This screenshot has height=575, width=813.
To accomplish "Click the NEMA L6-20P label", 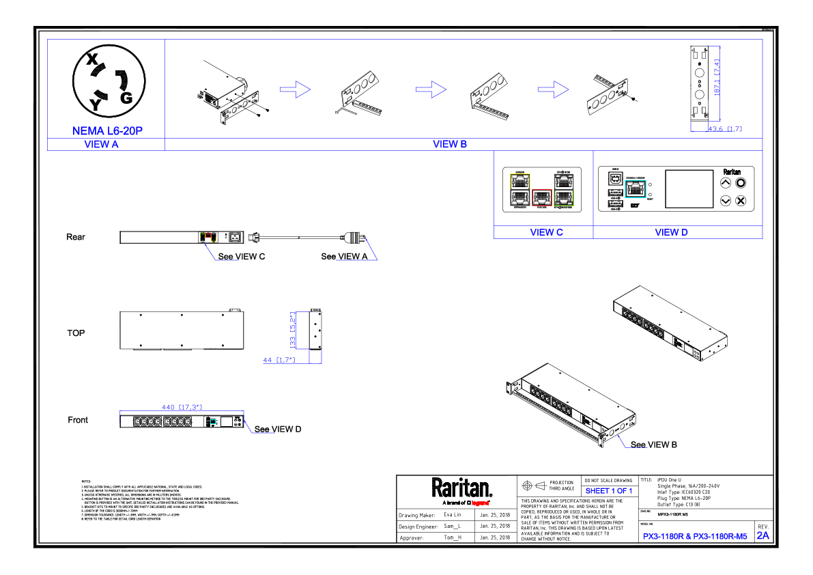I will tap(107, 130).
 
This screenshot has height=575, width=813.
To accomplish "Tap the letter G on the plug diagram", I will tap(126, 98).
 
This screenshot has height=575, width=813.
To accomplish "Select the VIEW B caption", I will tap(449, 144).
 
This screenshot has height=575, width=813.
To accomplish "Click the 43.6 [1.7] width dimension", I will tap(725, 128).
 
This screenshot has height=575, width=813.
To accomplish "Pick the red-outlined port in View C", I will tap(541, 198).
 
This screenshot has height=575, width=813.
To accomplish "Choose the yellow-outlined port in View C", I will tap(520, 182).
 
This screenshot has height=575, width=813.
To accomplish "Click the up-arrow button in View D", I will tap(726, 183).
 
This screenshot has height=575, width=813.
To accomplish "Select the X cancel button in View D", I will tap(741, 201).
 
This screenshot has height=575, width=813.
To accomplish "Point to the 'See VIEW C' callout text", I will tap(241, 257).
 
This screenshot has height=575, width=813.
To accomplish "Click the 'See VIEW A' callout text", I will tap(344, 257).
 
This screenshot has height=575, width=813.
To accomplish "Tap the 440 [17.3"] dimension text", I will tap(182, 407).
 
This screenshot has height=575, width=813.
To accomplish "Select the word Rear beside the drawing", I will tap(76, 237).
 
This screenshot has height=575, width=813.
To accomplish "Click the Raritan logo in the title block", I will tap(461, 489).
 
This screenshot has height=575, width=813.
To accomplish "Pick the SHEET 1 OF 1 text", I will tap(609, 490).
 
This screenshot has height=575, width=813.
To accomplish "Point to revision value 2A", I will tap(762, 535).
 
